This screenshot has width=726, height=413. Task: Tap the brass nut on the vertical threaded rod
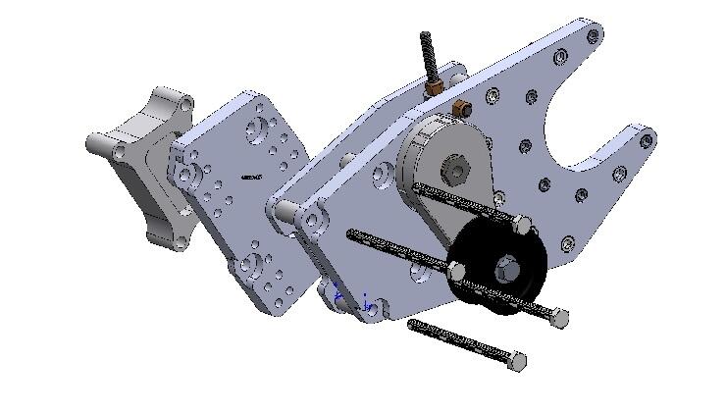coord(434,89)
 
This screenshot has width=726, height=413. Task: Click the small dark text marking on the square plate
coord(249,178)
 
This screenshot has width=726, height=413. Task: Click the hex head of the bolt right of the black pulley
coord(559,316)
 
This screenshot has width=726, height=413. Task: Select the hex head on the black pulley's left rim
coord(456,268)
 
